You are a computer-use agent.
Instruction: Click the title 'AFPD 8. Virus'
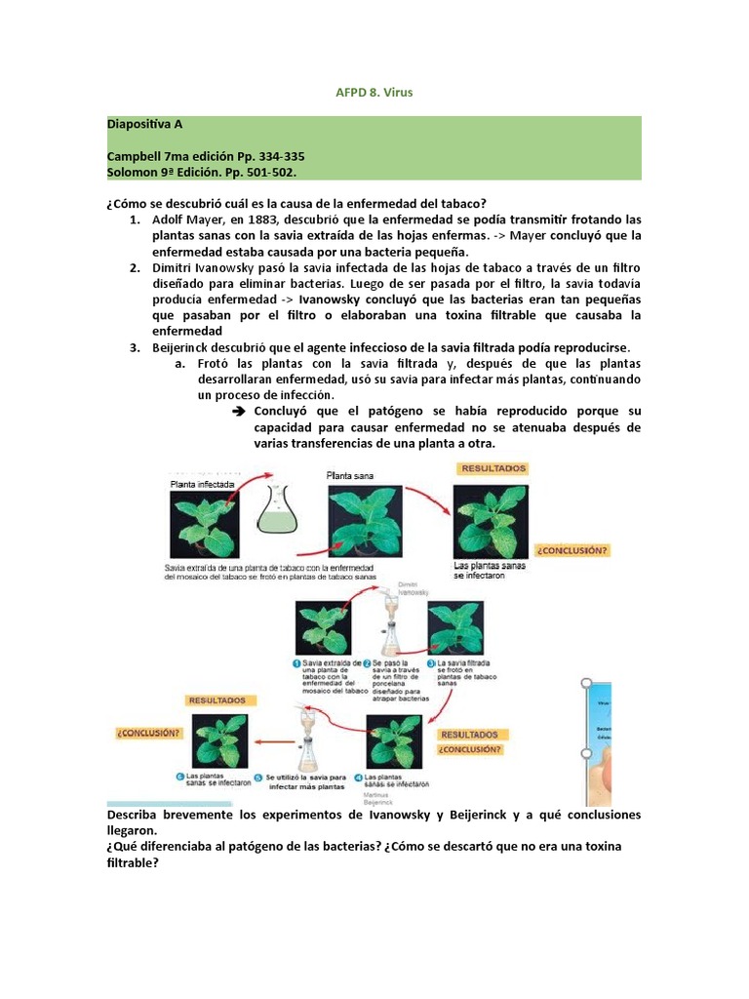pyautogui.click(x=374, y=93)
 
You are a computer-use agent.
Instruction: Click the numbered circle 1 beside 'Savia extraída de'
pyautogui.click(x=297, y=662)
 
